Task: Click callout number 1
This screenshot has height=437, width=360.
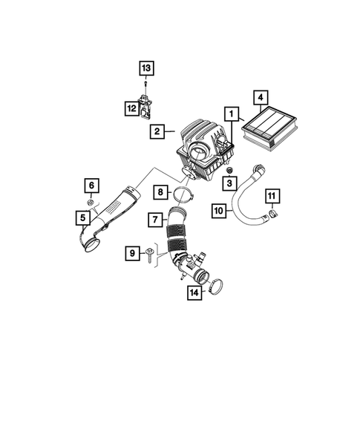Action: (x=232, y=115)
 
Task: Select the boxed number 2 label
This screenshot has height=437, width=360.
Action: (x=157, y=132)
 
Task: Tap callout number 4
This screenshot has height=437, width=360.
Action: (x=259, y=96)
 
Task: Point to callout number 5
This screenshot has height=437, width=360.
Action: (x=85, y=218)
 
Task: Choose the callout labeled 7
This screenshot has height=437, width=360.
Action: (x=155, y=220)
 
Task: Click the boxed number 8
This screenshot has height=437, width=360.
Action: (x=161, y=193)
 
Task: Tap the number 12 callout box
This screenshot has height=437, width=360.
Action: (x=131, y=108)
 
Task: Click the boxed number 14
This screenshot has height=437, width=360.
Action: (x=195, y=292)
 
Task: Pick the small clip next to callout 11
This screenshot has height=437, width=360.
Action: (x=272, y=216)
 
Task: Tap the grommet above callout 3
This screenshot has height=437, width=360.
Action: (x=231, y=171)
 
